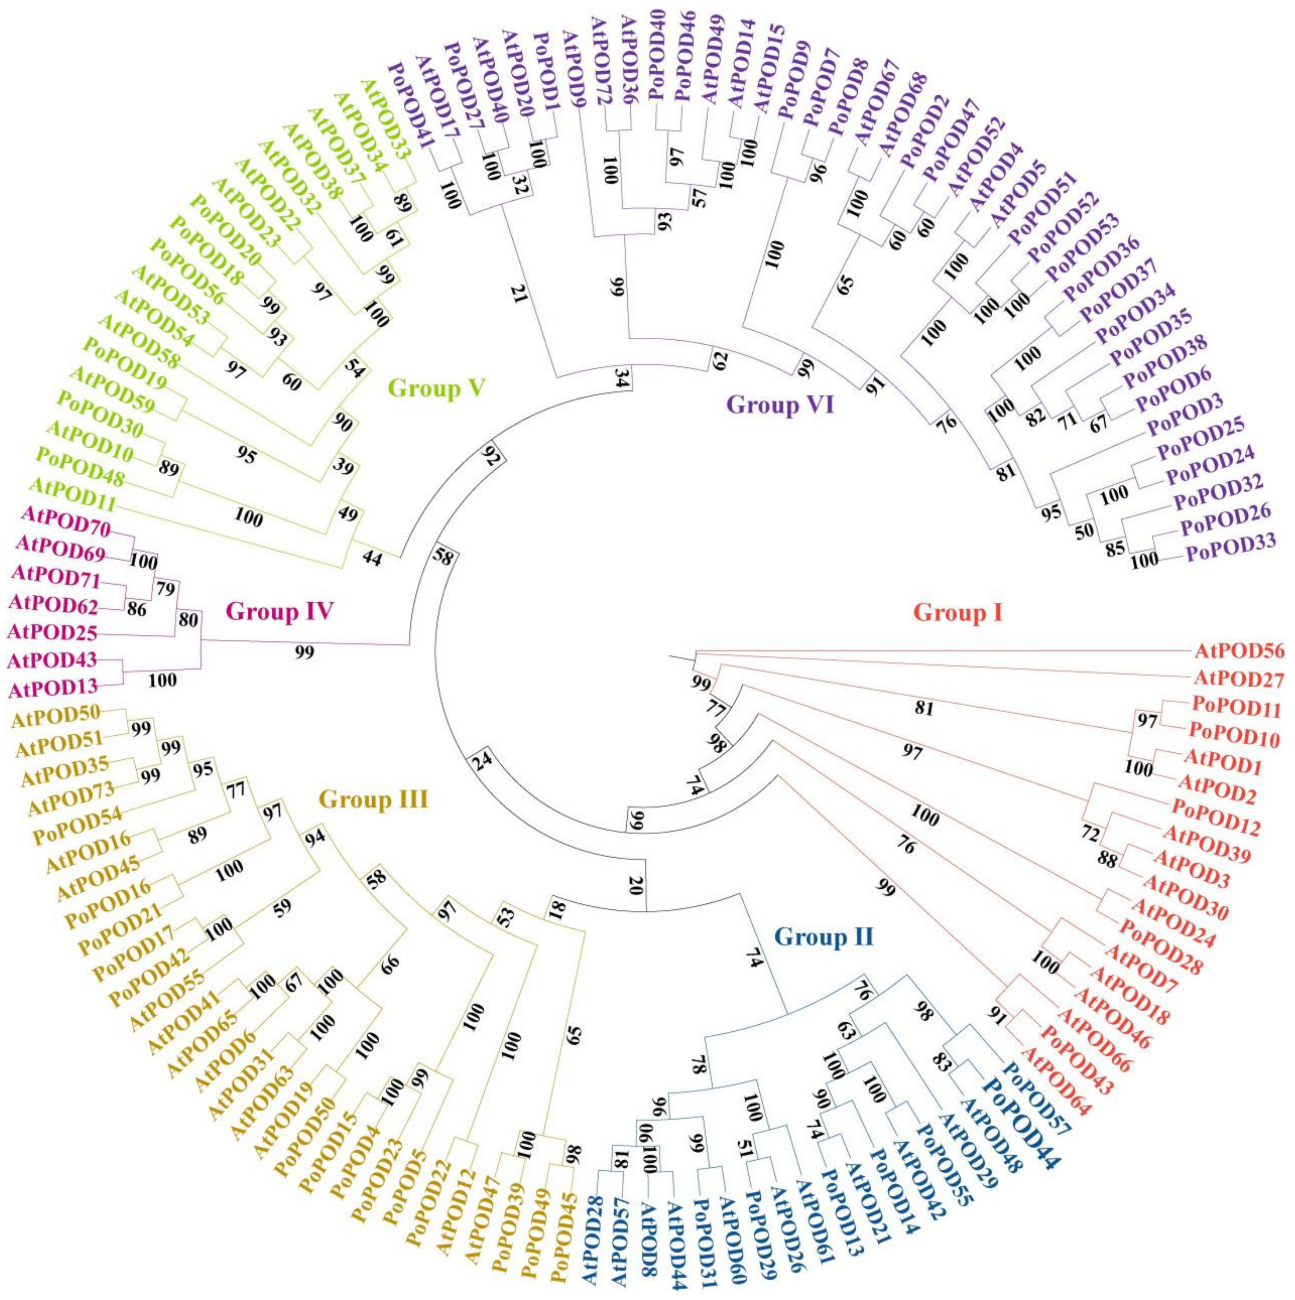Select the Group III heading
373,800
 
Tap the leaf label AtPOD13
52,686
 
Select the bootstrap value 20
636,885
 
